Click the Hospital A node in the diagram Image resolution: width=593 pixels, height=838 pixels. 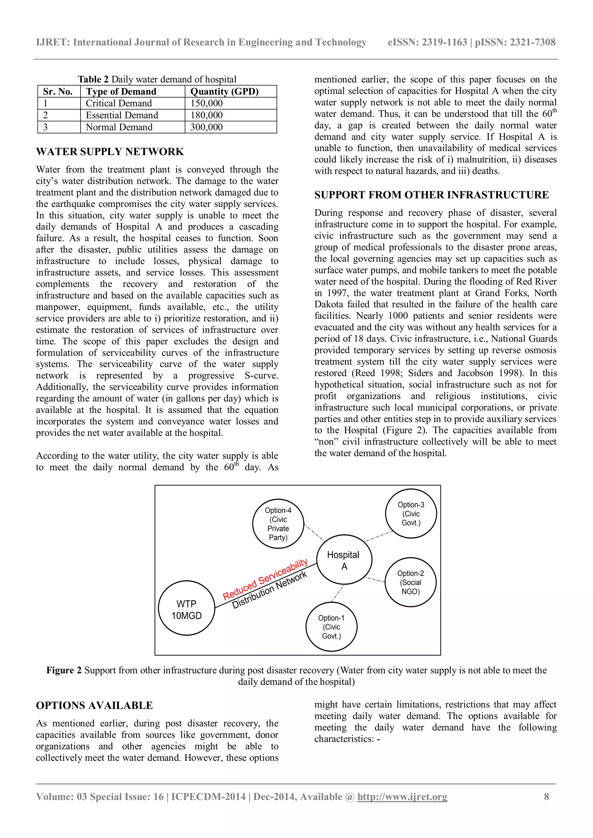click(344, 560)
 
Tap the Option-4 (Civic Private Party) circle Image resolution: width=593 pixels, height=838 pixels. click(278, 524)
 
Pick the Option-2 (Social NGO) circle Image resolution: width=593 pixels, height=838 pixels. click(410, 582)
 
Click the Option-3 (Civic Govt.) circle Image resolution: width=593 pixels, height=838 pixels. click(411, 514)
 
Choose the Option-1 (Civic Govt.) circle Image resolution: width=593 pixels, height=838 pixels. click(331, 627)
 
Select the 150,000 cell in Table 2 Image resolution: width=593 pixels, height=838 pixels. click(206, 103)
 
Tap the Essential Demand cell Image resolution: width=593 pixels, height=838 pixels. click(122, 115)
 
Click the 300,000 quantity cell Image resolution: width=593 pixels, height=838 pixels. click(206, 127)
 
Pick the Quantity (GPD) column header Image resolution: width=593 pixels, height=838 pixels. click(224, 92)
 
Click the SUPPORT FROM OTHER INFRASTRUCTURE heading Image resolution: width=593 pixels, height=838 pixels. click(431, 195)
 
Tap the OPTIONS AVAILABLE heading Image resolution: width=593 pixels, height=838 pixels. click(94, 705)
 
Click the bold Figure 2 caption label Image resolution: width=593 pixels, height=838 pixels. click(64, 670)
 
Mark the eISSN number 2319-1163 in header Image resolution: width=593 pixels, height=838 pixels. click(444, 42)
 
